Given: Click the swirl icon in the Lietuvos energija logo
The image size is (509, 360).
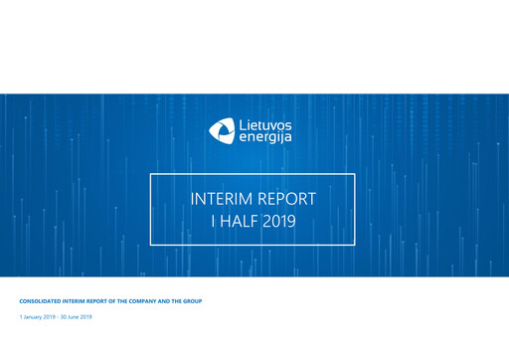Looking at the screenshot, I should pos(222,128).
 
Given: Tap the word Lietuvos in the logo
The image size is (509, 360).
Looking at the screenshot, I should pos(265,122).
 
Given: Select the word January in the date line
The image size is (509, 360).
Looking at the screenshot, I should pos(34,316).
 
